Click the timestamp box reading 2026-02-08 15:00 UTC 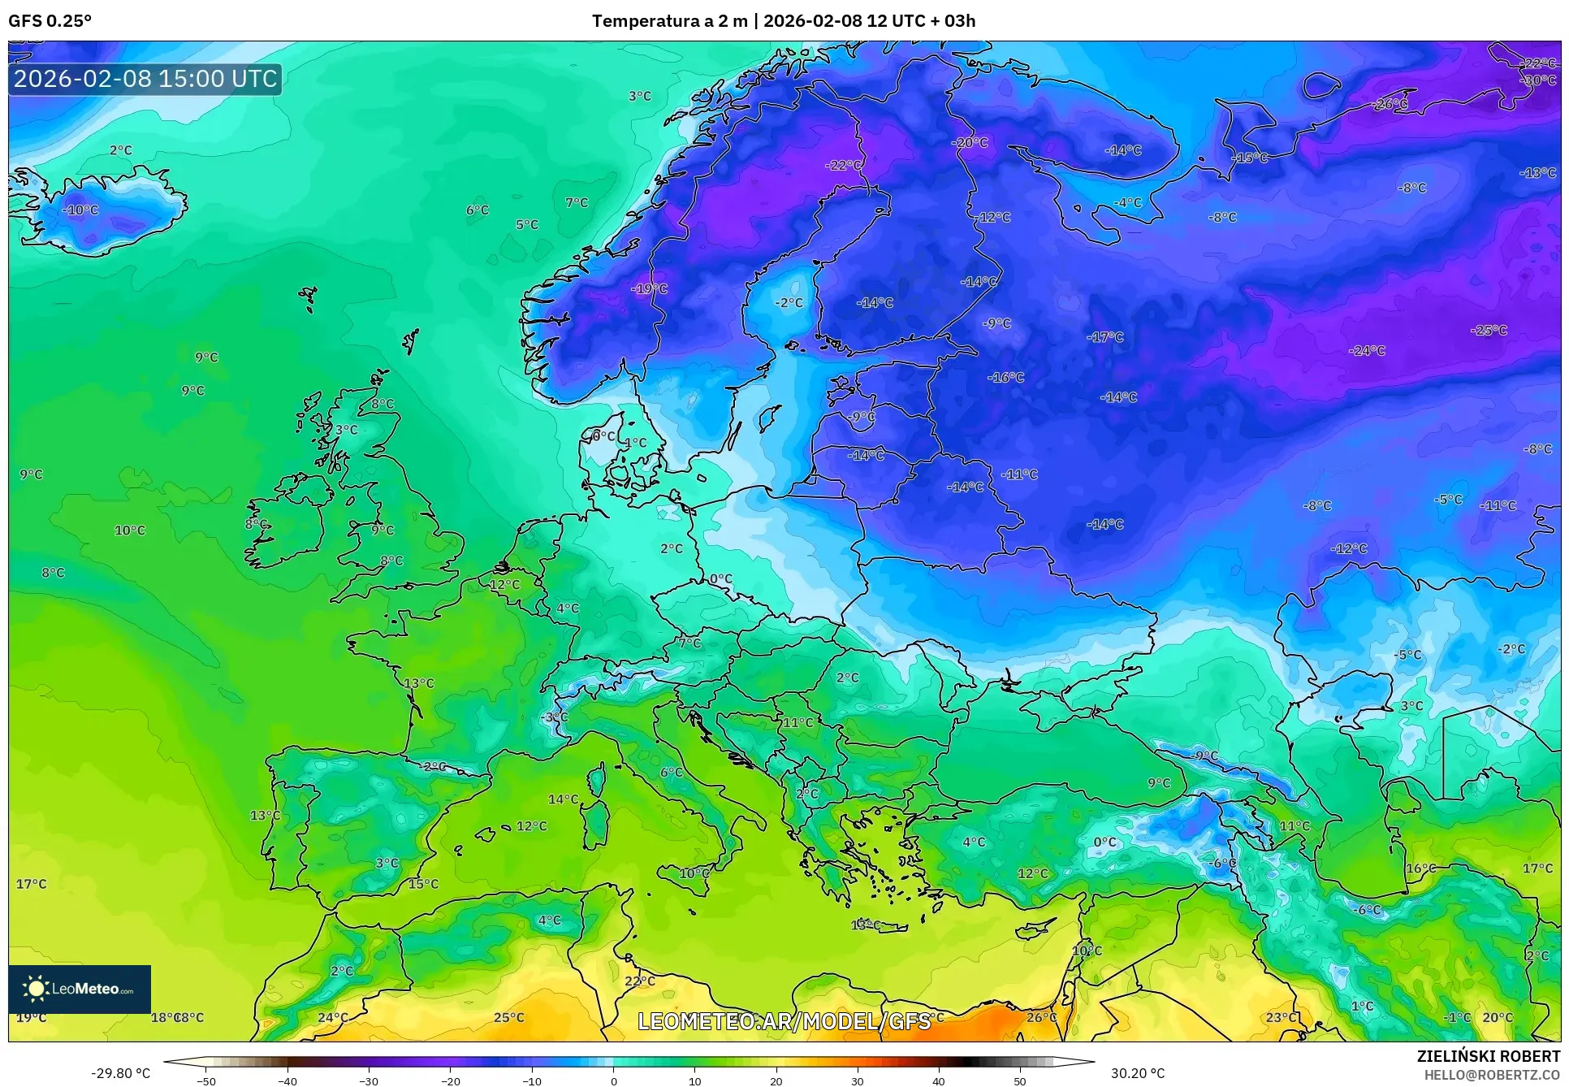point(145,79)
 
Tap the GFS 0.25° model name point(50,21)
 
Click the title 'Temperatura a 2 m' point(669,21)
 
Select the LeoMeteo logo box point(80,989)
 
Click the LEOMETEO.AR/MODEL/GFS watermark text point(784,1021)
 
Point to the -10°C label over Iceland point(80,210)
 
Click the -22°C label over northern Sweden point(843,165)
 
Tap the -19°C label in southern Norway point(649,288)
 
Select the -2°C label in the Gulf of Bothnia point(788,302)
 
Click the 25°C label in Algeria point(509,1017)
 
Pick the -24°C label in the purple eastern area point(1367,350)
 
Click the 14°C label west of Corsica point(563,799)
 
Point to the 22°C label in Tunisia point(639,981)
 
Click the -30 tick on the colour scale point(369,1081)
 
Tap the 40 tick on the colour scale point(938,1081)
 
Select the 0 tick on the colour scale point(613,1081)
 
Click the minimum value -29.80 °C point(120,1073)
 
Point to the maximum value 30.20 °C point(1137,1073)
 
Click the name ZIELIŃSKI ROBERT point(1488,1056)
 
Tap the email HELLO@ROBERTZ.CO point(1492,1075)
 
